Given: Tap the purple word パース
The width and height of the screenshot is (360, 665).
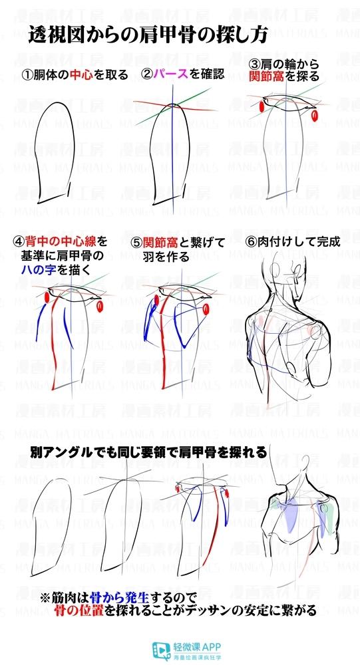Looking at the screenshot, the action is tap(171, 74).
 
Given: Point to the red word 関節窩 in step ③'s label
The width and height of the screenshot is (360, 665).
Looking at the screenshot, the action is tap(268, 76).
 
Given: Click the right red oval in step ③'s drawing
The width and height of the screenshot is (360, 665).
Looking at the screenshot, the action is tap(315, 115).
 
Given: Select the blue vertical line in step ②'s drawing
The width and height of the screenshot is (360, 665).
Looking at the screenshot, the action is tap(173, 144).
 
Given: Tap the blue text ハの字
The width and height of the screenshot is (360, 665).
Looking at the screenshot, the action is tap(39, 270).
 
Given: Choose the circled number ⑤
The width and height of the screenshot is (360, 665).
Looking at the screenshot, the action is tap(136, 242).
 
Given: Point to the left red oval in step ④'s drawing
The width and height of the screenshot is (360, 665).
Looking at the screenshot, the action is tap(47, 298).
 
